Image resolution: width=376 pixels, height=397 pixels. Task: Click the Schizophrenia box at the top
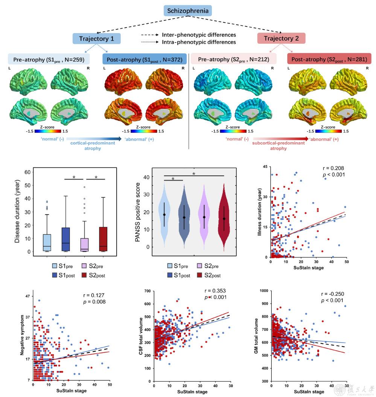tap(187, 11)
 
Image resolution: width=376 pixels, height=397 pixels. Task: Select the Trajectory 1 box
tap(97, 39)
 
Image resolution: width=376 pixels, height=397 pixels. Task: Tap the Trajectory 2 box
tap(281, 39)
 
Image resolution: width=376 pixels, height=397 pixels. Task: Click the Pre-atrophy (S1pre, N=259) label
tap(49, 59)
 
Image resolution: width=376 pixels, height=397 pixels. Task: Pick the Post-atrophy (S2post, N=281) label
tap(329, 59)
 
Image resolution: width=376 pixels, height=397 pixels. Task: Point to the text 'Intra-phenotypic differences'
tap(199, 43)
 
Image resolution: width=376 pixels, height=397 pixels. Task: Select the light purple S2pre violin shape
tap(204, 218)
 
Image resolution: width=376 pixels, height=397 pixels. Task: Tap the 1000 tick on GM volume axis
tap(264, 291)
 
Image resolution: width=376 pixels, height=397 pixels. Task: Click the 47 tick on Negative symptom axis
tap(28, 296)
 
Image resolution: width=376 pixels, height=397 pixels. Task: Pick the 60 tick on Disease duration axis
tap(27, 172)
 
